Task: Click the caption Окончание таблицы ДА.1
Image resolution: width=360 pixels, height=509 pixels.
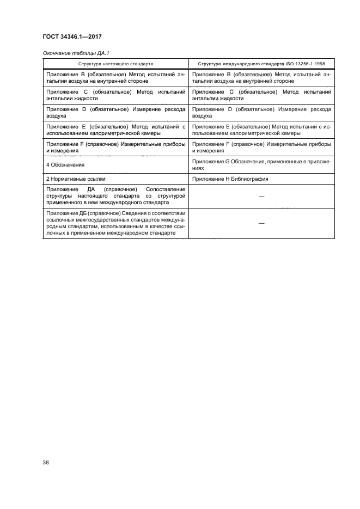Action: [72, 54]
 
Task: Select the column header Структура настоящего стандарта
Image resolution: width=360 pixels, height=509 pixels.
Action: [115, 63]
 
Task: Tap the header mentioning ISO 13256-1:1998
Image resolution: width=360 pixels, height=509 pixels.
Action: [261, 63]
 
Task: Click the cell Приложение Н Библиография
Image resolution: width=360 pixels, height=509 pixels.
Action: [239, 179]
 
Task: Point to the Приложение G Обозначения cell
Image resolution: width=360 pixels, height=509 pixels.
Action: [261, 164]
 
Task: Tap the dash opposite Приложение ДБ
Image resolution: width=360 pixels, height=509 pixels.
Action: [261, 224]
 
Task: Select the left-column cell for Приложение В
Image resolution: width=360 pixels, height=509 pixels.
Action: [115, 77]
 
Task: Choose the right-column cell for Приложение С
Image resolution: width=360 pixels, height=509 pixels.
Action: [261, 95]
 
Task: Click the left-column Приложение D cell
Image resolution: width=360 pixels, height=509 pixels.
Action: [115, 113]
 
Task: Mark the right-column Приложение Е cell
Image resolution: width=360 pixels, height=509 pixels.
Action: [261, 130]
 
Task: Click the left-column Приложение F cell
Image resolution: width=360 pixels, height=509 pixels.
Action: [115, 148]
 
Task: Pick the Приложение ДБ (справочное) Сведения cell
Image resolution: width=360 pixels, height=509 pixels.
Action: [115, 223]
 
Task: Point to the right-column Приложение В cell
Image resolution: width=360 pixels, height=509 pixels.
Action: [261, 77]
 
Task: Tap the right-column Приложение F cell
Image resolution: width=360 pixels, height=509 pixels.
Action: [261, 148]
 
